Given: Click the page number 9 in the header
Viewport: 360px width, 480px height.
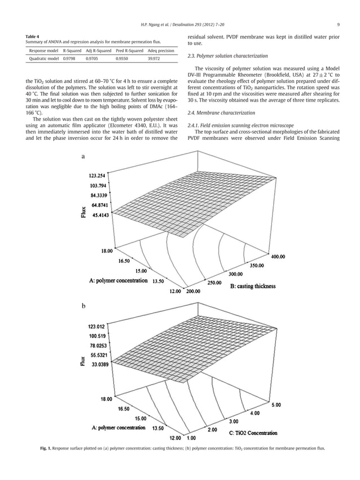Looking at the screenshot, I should (337, 24).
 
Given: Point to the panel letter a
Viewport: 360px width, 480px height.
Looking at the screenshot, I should (84, 157).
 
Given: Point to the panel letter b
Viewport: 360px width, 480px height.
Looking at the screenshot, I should (84, 306).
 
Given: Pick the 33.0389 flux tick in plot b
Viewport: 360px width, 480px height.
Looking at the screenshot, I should (106, 365).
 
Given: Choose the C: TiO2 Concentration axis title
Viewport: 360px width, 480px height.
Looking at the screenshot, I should (253, 433).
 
